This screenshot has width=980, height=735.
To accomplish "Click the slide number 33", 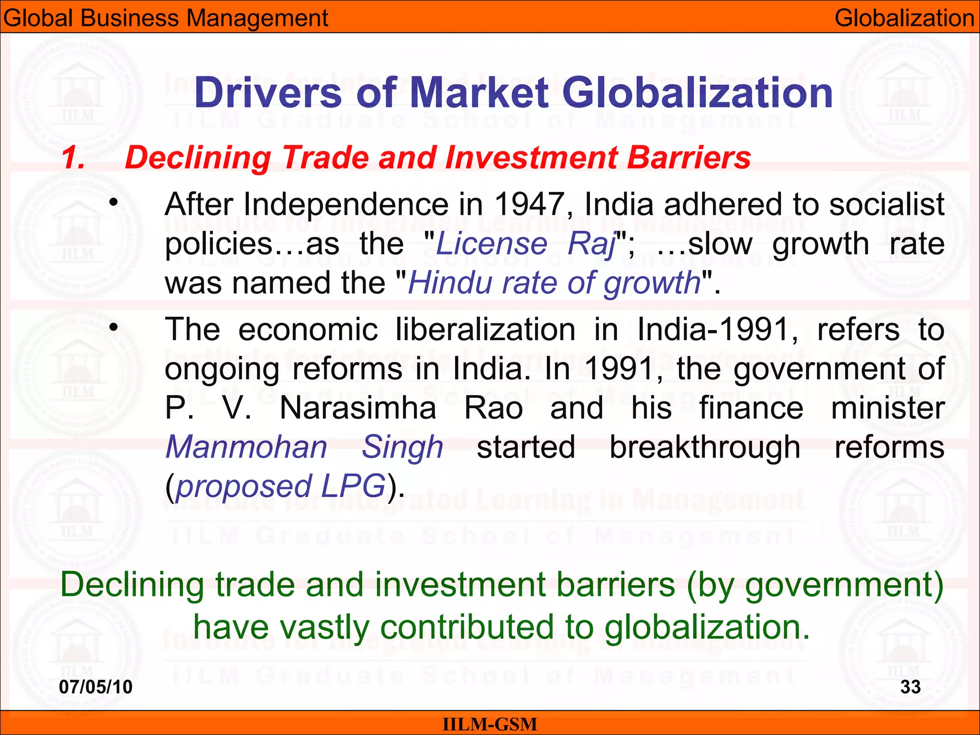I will click(x=910, y=687).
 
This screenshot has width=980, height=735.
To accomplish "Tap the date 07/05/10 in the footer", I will click(x=96, y=687).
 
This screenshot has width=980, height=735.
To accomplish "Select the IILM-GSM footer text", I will click(x=490, y=724).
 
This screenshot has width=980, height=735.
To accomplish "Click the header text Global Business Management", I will click(x=166, y=18).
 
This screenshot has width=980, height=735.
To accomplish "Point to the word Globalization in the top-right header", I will click(x=904, y=18).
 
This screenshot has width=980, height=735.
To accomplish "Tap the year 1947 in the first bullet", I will click(x=529, y=204).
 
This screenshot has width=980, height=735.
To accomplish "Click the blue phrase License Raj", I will click(x=526, y=244).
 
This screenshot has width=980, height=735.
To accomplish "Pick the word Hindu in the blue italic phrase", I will click(x=450, y=282).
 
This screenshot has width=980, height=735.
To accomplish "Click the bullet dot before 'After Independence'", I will click(x=113, y=203).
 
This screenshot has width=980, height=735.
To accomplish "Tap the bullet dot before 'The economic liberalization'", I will click(x=113, y=328).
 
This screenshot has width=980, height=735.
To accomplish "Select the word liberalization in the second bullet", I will click(x=485, y=330).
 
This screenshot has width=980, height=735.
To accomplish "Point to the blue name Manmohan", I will click(x=246, y=447).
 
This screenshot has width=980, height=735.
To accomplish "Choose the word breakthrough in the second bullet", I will click(x=704, y=447).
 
